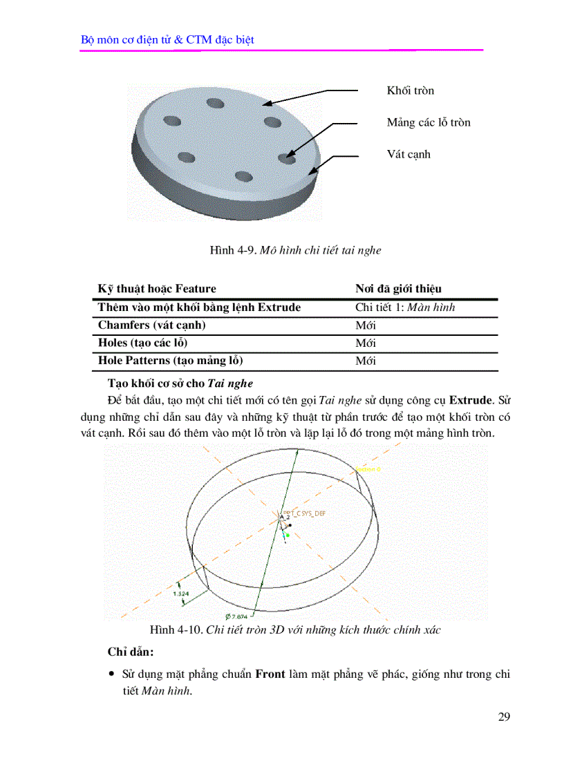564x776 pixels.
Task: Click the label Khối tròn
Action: (410, 91)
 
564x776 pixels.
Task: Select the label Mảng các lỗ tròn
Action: (428, 122)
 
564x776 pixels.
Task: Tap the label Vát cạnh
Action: (408, 154)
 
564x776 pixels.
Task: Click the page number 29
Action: (504, 717)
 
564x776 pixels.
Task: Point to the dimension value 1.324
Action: (181, 594)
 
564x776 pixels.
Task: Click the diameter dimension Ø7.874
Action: (237, 616)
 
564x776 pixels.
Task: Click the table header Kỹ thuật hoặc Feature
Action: (157, 289)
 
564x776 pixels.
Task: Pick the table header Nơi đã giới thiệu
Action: (398, 289)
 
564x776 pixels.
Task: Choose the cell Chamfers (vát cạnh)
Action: (151, 325)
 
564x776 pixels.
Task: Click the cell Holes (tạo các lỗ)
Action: (142, 343)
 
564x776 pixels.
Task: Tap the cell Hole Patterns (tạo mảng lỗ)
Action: (170, 361)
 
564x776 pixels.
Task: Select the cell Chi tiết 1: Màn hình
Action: (405, 307)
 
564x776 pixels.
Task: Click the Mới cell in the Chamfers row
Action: (366, 325)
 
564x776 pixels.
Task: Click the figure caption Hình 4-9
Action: (295, 251)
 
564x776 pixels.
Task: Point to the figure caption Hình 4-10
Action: (295, 630)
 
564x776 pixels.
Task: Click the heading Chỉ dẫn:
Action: (131, 652)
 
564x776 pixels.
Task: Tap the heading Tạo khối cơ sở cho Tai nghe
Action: (180, 383)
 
